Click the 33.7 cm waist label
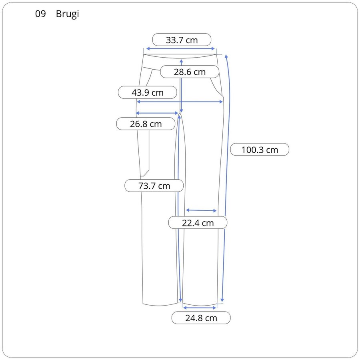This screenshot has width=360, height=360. pyautogui.click(x=182, y=40)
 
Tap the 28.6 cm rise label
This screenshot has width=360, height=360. pyautogui.click(x=190, y=72)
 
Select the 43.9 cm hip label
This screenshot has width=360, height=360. pyautogui.click(x=147, y=92)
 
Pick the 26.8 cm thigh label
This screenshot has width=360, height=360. pyautogui.click(x=146, y=124)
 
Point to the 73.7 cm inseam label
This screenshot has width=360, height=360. pyautogui.click(x=154, y=186)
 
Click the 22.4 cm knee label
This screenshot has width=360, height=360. pyautogui.click(x=198, y=223)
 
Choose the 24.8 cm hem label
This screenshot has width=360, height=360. pyautogui.click(x=201, y=318)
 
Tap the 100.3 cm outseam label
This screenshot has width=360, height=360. pyautogui.click(x=260, y=150)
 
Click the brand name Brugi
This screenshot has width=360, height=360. pyautogui.click(x=67, y=14)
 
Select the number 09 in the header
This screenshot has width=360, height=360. pyautogui.click(x=40, y=14)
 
